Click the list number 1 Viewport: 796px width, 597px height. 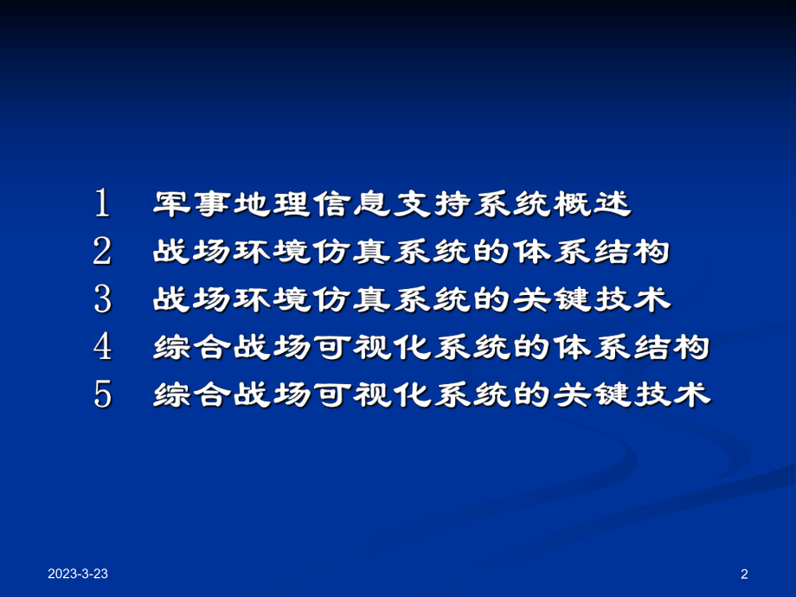click(103, 204)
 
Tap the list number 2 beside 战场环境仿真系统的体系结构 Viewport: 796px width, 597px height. click(103, 252)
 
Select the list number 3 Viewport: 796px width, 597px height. click(103, 299)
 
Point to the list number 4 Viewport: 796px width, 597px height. click(103, 347)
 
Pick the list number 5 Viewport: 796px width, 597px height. click(103, 395)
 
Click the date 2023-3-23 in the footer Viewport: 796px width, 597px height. click(78, 574)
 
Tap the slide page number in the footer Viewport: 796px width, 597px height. click(744, 574)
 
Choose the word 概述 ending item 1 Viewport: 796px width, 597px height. click(594, 204)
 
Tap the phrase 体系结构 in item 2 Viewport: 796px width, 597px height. click(593, 252)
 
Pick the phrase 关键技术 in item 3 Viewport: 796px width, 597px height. click(593, 299)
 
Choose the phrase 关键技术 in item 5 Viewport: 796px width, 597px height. click(632, 395)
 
